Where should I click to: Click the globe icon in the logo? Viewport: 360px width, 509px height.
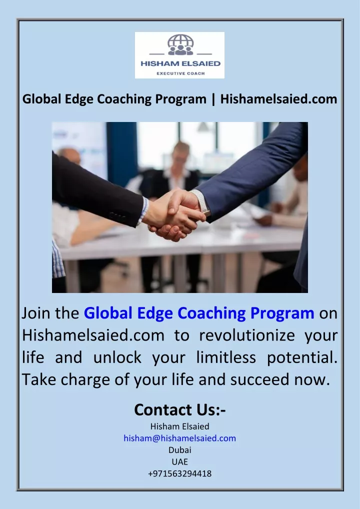click(180, 45)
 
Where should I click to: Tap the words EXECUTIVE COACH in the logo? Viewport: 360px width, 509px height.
click(180, 73)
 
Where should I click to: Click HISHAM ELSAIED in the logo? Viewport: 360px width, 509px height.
click(180, 63)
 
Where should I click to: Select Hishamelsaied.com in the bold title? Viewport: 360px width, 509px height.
click(279, 99)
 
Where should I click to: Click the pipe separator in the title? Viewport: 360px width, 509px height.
click(213, 99)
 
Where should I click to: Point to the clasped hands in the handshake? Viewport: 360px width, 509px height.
click(173, 213)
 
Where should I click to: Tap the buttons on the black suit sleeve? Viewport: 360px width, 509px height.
click(117, 216)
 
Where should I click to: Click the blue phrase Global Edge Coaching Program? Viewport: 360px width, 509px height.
click(199, 313)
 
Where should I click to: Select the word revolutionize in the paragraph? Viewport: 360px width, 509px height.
click(247, 335)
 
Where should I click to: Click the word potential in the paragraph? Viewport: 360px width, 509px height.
click(302, 358)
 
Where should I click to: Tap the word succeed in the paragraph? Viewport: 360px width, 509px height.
click(259, 380)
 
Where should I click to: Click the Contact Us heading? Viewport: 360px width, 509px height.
click(180, 409)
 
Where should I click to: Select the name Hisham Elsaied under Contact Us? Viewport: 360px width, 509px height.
click(180, 426)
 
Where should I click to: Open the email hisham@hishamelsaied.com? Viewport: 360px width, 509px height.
click(180, 438)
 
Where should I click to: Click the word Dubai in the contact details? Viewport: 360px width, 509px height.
click(180, 450)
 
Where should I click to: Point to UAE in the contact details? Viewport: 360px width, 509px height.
click(180, 461)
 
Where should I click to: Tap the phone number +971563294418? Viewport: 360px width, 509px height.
click(180, 473)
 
